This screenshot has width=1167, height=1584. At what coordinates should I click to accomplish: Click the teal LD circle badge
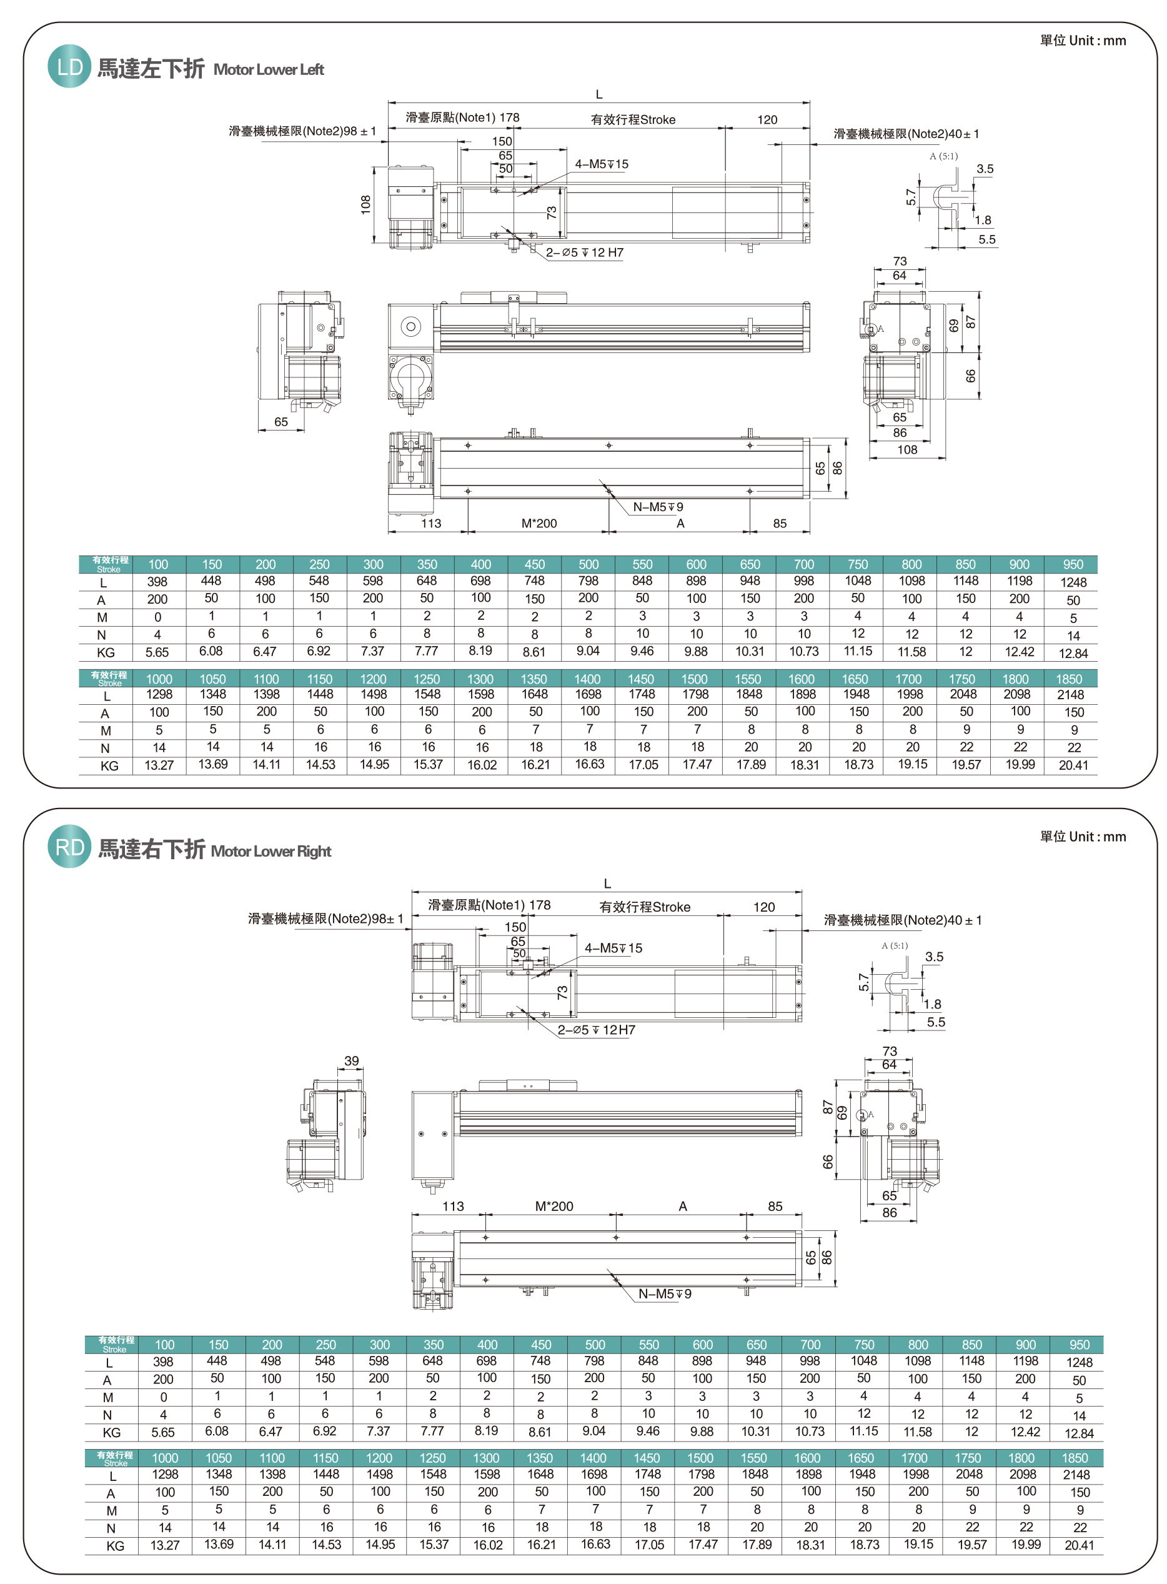tap(69, 67)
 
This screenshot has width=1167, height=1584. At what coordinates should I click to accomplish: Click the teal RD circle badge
tap(69, 847)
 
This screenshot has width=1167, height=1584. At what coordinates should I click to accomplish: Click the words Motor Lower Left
tap(269, 70)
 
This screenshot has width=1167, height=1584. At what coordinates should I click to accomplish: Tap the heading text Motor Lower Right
tap(271, 851)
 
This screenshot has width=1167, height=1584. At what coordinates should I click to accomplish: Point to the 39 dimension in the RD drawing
tap(351, 1060)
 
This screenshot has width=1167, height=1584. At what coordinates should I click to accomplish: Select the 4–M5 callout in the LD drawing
tap(601, 164)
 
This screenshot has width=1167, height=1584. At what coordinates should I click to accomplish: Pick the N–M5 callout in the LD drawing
tap(658, 507)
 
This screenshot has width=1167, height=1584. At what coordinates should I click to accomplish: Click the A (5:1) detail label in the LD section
tap(943, 156)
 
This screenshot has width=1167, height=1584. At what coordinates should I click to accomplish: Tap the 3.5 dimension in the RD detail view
tap(934, 957)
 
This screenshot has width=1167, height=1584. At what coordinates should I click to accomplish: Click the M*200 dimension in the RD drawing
tap(554, 1206)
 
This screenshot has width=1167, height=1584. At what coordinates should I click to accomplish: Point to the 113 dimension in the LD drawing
tap(431, 524)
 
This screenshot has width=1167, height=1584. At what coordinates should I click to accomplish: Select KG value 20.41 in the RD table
tap(1079, 1545)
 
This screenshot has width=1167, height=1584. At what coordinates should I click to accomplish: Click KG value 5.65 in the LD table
tap(157, 652)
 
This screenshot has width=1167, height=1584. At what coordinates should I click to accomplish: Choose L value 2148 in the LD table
tap(1070, 694)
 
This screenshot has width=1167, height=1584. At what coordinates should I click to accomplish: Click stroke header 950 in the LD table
tap(1072, 564)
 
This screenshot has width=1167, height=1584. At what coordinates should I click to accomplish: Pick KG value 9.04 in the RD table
tap(593, 1431)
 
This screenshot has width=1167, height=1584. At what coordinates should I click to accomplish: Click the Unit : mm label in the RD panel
tap(1082, 837)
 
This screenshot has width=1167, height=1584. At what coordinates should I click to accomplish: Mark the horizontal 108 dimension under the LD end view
tap(907, 449)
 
